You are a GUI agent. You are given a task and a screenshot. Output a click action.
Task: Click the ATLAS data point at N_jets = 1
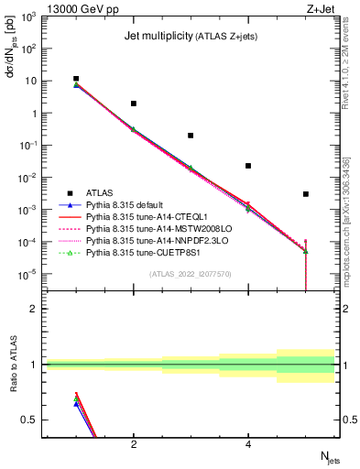click(x=76, y=79)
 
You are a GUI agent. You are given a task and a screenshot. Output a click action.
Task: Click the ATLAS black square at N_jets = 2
click(x=134, y=104)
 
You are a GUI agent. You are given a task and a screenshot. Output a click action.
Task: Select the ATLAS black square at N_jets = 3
click(x=191, y=135)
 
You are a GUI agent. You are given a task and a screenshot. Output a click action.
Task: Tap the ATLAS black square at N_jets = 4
click(x=248, y=166)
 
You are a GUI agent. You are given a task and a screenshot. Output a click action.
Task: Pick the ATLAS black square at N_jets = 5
click(x=306, y=193)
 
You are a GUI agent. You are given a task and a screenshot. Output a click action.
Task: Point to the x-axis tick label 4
click(x=248, y=444)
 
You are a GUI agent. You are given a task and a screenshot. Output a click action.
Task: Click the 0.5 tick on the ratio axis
click(x=28, y=420)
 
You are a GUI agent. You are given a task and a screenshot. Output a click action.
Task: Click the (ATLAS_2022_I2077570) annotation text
click(x=191, y=273)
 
